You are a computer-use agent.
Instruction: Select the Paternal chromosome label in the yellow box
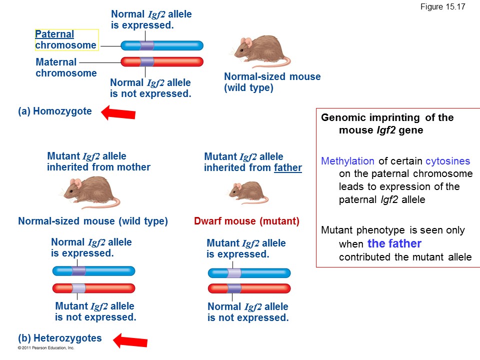pyautogui.click(x=66, y=40)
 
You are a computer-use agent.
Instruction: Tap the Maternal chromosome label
pyautogui.click(x=66, y=67)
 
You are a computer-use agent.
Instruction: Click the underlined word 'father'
pyautogui.click(x=287, y=168)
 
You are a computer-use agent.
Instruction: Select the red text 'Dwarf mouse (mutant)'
pyautogui.click(x=246, y=221)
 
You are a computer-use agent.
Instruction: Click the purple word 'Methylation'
pyautogui.click(x=347, y=161)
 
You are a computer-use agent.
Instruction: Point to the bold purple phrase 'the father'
pyautogui.click(x=394, y=244)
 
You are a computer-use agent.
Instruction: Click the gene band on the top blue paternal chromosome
pyautogui.click(x=146, y=45)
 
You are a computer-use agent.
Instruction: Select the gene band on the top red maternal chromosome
pyautogui.click(x=146, y=62)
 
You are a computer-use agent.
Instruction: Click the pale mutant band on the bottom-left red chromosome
pyautogui.click(x=78, y=288)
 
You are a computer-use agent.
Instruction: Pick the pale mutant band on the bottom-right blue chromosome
pyautogui.click(x=234, y=273)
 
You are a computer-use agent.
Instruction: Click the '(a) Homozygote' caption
pyautogui.click(x=55, y=111)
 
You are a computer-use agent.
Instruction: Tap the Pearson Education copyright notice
pyautogui.click(x=46, y=347)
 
